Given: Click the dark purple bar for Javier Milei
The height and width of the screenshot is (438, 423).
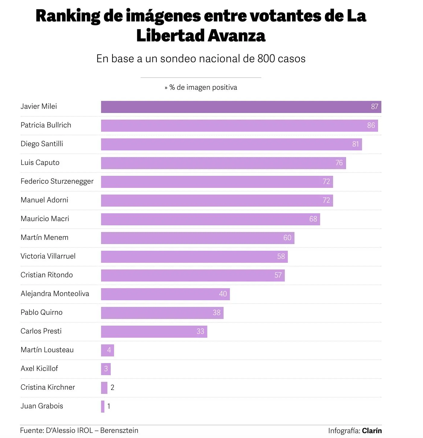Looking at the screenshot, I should tap(235, 107).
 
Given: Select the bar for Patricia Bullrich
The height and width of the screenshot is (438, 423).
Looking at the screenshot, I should tap(235, 126).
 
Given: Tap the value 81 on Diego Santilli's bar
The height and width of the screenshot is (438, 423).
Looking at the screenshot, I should tap(355, 144).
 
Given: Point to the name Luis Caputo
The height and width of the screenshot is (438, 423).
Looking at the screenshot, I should tap(40, 163).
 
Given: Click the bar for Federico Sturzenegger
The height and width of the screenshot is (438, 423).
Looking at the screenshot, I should tap(211, 182).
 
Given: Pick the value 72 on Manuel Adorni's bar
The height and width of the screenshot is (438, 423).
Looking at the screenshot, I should tap(326, 200).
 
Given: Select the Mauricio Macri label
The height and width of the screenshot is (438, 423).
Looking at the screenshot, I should tap(45, 219).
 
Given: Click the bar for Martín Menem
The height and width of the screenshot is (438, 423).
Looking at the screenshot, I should tap(193, 238).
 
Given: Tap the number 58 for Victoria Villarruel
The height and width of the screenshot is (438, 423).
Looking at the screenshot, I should tap(281, 256).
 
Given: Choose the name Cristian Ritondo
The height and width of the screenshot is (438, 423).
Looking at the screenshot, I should tap(46, 275).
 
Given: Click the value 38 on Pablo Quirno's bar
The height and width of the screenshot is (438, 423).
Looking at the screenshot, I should tap(217, 313).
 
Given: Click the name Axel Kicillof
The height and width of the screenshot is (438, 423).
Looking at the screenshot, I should tap(39, 369).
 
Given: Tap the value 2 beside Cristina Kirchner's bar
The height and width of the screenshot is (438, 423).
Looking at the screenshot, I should tap(112, 388).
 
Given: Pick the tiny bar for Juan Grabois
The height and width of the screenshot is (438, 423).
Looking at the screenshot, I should tap(103, 407).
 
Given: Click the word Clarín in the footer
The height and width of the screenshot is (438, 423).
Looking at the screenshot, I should tap(372, 431).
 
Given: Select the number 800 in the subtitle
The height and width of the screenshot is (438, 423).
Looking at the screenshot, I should tap(266, 59).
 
